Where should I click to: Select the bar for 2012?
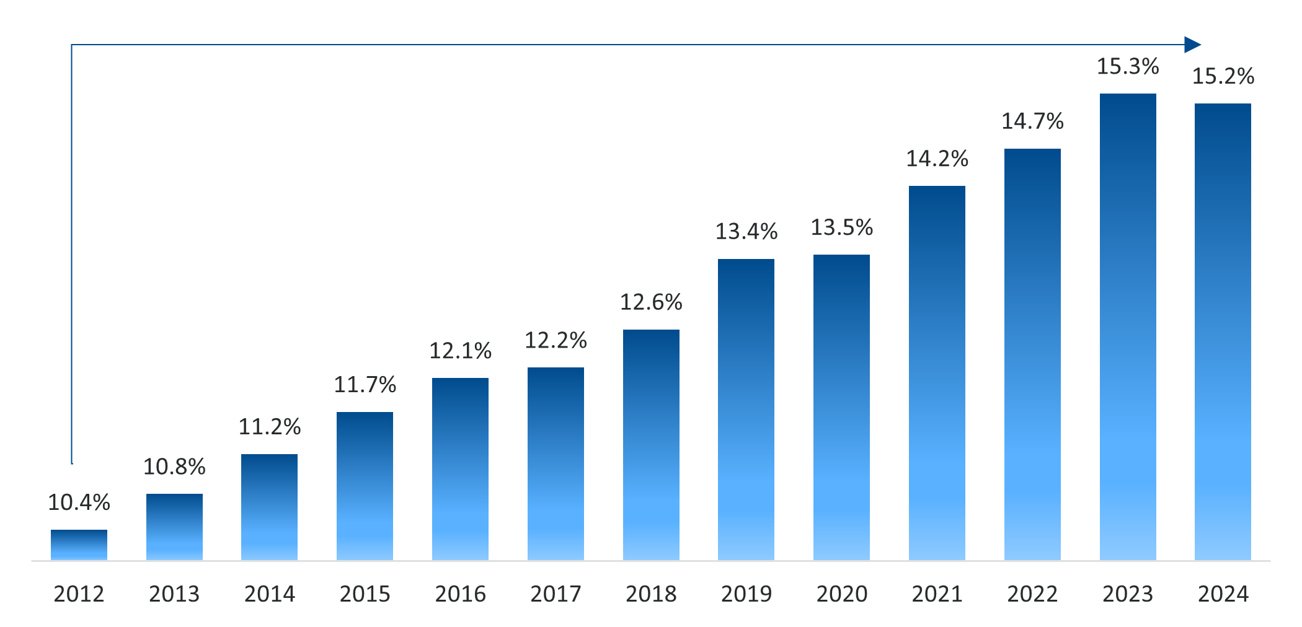[79, 545]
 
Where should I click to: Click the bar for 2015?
[365, 486]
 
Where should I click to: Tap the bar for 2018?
[651, 445]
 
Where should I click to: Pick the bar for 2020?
[841, 408]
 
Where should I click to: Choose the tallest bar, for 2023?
[1128, 327]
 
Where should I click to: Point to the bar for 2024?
[1223, 332]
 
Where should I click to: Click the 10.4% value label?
[79, 502]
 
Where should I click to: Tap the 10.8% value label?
[174, 467]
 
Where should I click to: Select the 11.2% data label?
[270, 427]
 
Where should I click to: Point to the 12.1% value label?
[460, 351]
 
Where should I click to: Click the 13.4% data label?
[746, 232]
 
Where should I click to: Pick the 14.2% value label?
[937, 159]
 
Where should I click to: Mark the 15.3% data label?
[1128, 67]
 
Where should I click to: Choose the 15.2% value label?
[1223, 77]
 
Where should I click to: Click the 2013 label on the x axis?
[174, 594]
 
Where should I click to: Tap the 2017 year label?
[556, 594]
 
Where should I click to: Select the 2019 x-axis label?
[746, 594]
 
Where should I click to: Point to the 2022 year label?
[1032, 594]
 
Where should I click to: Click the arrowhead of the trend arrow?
[1192, 45]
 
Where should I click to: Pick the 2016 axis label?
[460, 594]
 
